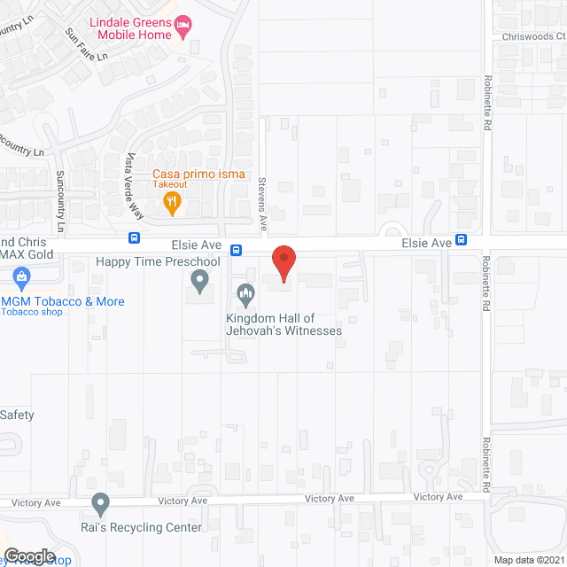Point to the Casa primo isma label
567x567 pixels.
pyautogui.click(x=198, y=175)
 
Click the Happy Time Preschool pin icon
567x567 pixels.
pyautogui.click(x=199, y=283)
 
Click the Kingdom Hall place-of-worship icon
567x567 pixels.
pyautogui.click(x=245, y=291)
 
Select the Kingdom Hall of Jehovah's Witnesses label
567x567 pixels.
pyautogui.click(x=283, y=324)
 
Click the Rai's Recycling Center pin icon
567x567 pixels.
pyautogui.click(x=100, y=505)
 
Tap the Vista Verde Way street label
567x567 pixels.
pyautogui.click(x=136, y=175)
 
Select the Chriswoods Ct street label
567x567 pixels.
pyautogui.click(x=533, y=36)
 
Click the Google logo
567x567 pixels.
pyautogui.click(x=29, y=555)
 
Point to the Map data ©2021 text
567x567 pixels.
pyautogui.click(x=528, y=559)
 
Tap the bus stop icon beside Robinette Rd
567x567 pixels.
pyautogui.click(x=462, y=241)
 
